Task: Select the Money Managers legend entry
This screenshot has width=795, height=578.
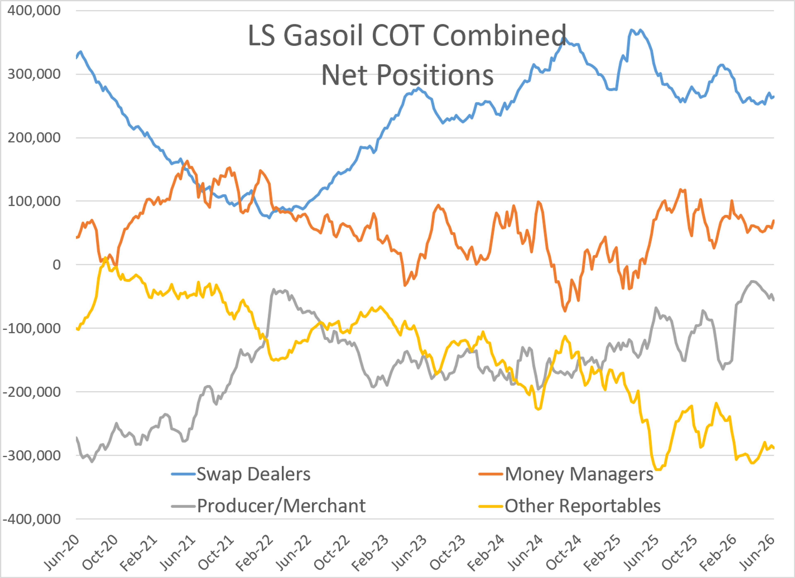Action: coord(566,474)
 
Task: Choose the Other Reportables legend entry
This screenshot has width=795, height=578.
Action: coord(570,506)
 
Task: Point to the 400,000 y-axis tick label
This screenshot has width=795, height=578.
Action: coord(34,11)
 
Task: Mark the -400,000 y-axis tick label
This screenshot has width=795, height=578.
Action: coord(31,519)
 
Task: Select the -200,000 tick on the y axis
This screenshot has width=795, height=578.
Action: coord(31,392)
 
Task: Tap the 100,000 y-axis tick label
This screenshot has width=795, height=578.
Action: coord(34,201)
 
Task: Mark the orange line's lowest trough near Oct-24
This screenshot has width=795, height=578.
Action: coord(565,311)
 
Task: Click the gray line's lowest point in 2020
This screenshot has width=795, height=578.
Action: coord(92,462)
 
